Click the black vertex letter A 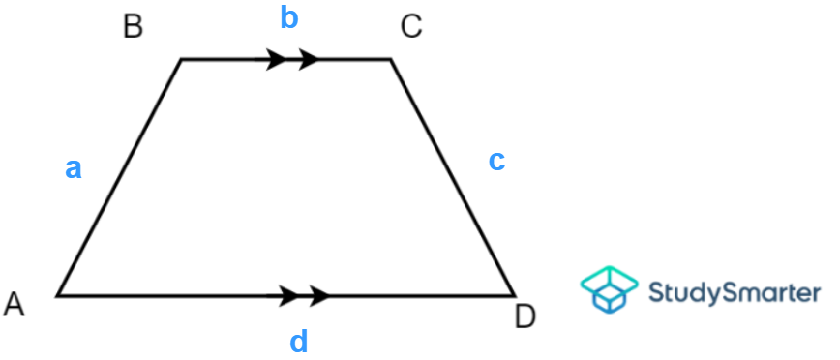(15, 305)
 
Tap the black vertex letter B (134, 26)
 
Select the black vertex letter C (411, 26)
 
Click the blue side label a (74, 169)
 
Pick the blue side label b (288, 17)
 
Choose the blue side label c (496, 161)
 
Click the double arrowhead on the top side (292, 59)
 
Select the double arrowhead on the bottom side (304, 294)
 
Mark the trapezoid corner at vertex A (58, 294)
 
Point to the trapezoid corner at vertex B (181, 60)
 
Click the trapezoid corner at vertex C (391, 60)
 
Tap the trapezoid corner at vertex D (513, 294)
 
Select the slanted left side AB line (119, 177)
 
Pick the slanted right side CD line (452, 177)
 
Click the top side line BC (223, 59)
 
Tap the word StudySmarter (734, 291)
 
